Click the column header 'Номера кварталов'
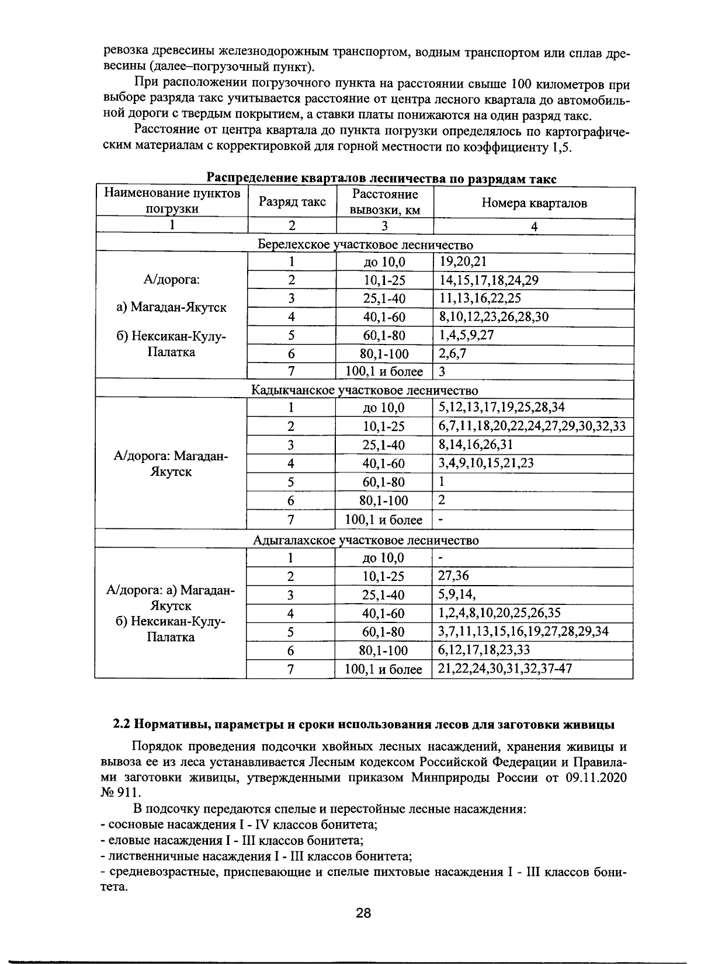click(534, 203)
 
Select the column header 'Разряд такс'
click(292, 202)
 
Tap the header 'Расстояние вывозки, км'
click(385, 202)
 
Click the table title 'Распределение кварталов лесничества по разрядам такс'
click(381, 179)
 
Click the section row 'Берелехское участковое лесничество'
click(365, 245)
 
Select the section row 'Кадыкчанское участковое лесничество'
click(365, 390)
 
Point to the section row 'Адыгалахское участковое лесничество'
click(365, 540)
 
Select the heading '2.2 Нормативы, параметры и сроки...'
click(363, 725)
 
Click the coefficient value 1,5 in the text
click(560, 147)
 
